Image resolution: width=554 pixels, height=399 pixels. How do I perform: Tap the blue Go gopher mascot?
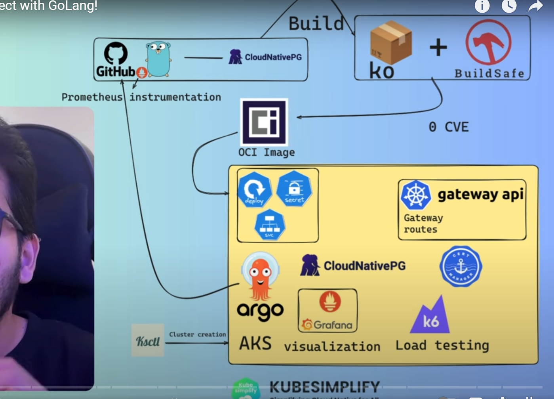point(158,59)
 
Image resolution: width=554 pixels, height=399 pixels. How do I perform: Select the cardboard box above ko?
point(390,42)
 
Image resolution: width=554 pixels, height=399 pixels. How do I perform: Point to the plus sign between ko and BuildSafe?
point(438,48)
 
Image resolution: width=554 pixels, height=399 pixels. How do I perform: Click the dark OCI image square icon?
point(264,122)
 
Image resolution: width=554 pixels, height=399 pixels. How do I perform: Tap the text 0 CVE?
point(448,127)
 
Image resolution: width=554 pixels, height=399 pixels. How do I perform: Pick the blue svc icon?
point(270,225)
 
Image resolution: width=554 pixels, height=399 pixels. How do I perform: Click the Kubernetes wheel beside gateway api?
point(415,195)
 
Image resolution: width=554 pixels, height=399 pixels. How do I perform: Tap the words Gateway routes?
point(423,223)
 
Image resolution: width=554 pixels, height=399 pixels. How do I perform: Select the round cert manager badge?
point(461,266)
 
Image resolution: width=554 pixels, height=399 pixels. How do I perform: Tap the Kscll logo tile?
point(148,341)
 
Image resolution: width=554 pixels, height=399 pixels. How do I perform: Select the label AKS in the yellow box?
point(255,344)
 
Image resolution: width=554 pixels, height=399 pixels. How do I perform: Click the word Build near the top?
point(316,24)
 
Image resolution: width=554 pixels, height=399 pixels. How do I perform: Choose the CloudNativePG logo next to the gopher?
point(265,57)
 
